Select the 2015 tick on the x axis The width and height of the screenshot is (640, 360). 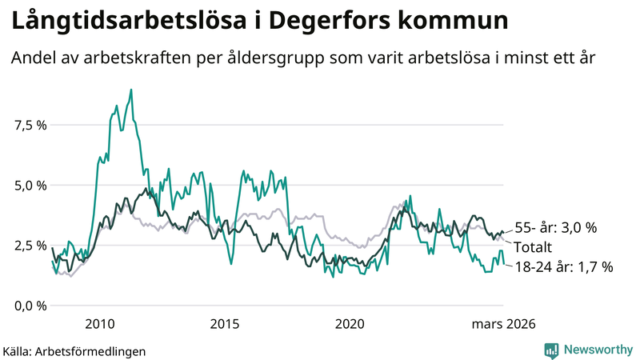click(x=225, y=324)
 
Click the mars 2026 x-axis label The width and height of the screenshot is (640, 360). click(x=503, y=324)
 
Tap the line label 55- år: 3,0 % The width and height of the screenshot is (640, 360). click(x=554, y=228)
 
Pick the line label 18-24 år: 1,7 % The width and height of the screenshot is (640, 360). click(x=562, y=267)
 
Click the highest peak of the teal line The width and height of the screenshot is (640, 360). click(x=130, y=90)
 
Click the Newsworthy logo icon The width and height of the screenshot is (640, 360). click(x=551, y=350)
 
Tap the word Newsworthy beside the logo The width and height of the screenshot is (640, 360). click(x=597, y=350)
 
